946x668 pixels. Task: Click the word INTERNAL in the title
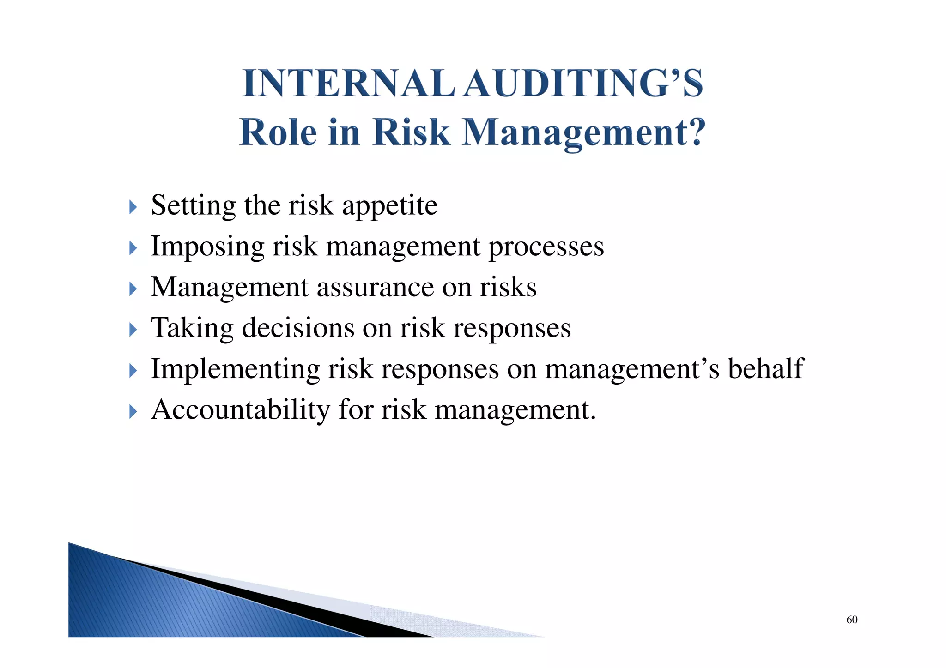349,84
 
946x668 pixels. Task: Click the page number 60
852,620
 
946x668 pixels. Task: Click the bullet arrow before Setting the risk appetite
133,207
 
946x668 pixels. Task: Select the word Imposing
207,247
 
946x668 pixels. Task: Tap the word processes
546,247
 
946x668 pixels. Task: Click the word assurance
375,287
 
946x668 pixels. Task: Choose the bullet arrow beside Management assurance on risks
133,289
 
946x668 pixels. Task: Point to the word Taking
192,329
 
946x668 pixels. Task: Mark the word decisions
298,328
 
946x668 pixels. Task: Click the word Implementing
235,370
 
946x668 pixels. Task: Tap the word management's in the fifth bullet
632,370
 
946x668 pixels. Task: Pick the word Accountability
241,410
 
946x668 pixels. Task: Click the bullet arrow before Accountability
133,411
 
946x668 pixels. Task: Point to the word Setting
193,206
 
